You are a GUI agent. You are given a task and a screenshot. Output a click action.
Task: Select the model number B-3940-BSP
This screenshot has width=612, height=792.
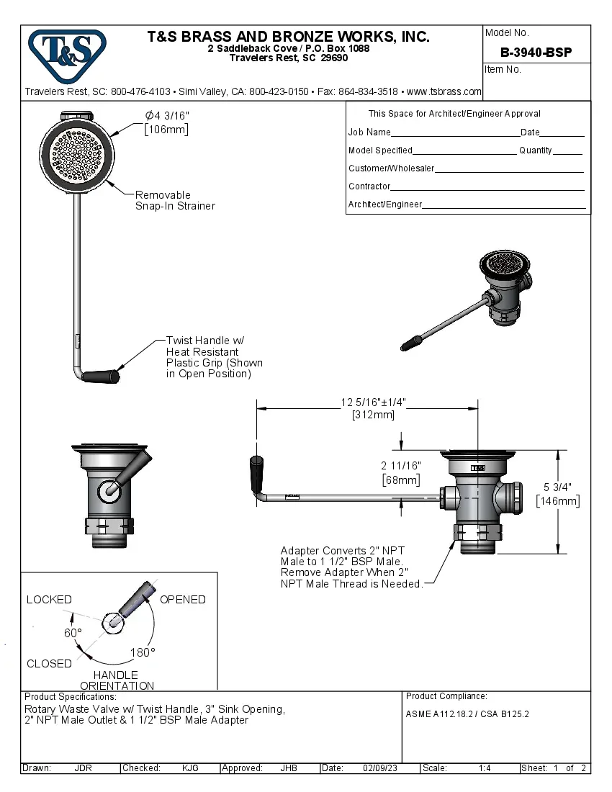pos(536,52)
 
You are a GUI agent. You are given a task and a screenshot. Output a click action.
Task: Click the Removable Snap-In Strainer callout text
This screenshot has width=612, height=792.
pos(175,200)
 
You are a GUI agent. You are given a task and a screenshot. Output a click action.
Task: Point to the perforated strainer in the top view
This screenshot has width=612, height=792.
pos(76,152)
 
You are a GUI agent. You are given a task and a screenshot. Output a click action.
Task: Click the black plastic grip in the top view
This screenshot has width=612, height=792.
pos(99,376)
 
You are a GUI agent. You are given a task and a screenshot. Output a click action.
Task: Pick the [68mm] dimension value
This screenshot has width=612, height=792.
pos(401,480)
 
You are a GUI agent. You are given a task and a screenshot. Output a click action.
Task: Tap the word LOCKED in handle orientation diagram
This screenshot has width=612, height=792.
pos(49,600)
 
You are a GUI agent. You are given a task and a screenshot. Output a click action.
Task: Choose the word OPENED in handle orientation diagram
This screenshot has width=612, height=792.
pos(182,600)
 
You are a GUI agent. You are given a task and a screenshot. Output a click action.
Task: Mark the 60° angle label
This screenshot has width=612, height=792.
pos(73,632)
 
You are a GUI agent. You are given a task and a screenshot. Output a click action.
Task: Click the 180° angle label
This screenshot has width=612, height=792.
pos(143,652)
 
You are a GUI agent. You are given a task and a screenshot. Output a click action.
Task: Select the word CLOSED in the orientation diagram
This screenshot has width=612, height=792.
pos(49,664)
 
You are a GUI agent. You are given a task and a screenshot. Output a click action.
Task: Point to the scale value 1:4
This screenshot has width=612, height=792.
pos(485,768)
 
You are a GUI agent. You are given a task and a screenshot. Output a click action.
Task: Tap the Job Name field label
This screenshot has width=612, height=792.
pos(369,132)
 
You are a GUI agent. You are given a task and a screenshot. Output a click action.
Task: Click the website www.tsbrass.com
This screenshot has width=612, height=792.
pos(444,92)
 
